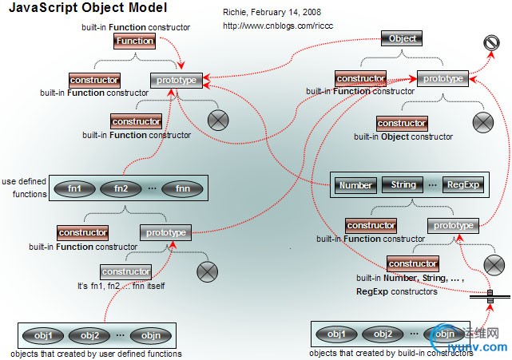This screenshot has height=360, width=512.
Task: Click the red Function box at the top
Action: [x=134, y=41]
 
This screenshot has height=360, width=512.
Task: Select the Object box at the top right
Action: [x=402, y=38]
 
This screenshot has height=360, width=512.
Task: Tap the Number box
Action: [x=356, y=185]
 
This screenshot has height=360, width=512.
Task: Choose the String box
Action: [x=404, y=184]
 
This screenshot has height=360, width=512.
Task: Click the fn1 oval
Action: [x=74, y=189]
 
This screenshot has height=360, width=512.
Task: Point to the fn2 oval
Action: [x=121, y=189]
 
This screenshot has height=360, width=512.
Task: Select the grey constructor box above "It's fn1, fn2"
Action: [x=126, y=271]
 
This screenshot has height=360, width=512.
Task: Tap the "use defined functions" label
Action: [x=25, y=187]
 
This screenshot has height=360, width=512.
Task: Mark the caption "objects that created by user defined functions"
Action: [x=97, y=354]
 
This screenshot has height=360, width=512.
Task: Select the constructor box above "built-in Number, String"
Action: [x=412, y=263]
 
